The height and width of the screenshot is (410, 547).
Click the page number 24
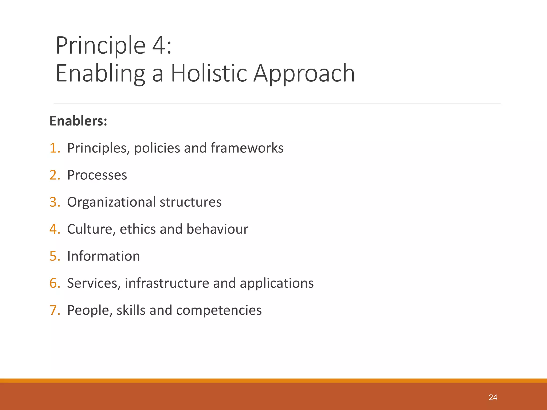[x=493, y=397]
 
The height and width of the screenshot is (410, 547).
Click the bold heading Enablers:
[x=79, y=121]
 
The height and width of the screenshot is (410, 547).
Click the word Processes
[x=97, y=175]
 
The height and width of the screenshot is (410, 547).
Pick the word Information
[x=104, y=256]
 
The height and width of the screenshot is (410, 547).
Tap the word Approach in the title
[x=304, y=73]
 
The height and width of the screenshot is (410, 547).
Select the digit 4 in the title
[x=159, y=45]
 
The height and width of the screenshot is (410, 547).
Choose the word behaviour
[x=217, y=229]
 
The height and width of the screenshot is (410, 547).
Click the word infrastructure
[x=167, y=283]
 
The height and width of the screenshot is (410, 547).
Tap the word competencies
[x=219, y=310]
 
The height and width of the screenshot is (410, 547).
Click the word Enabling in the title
[x=100, y=73]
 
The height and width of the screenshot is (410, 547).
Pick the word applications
[x=277, y=283]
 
